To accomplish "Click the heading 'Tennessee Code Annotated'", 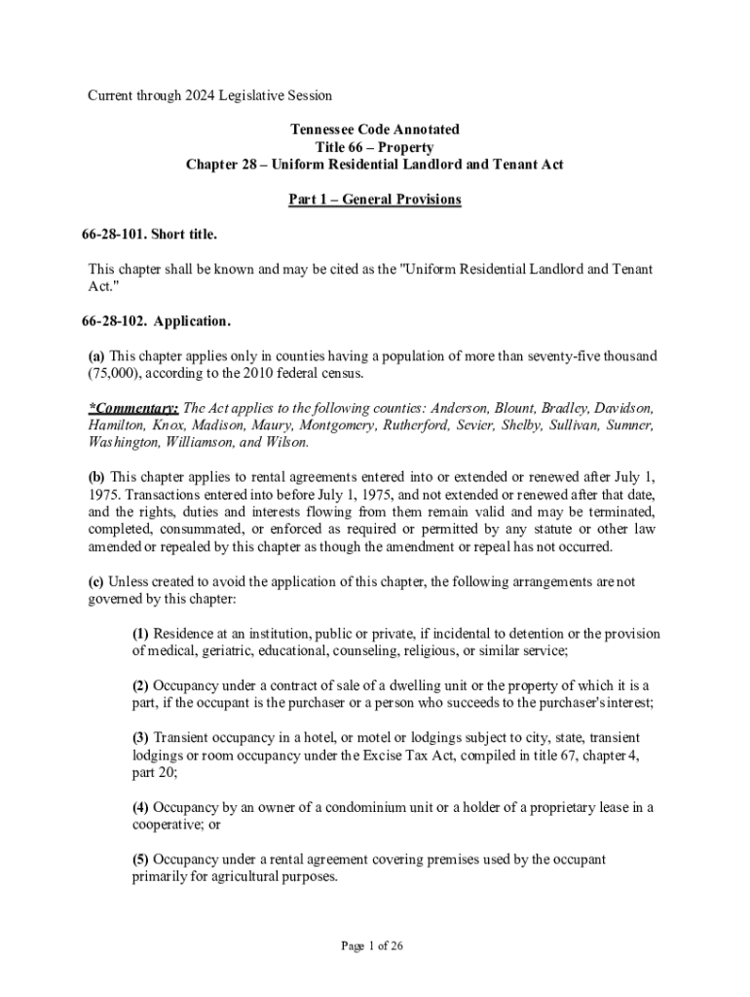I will point(374,129).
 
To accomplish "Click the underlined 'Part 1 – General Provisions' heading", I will point(374,200).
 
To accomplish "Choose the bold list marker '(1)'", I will point(141,634).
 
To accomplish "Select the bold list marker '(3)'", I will point(141,738).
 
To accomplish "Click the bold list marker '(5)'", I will point(141,860).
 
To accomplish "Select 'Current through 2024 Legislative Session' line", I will point(210,95).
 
